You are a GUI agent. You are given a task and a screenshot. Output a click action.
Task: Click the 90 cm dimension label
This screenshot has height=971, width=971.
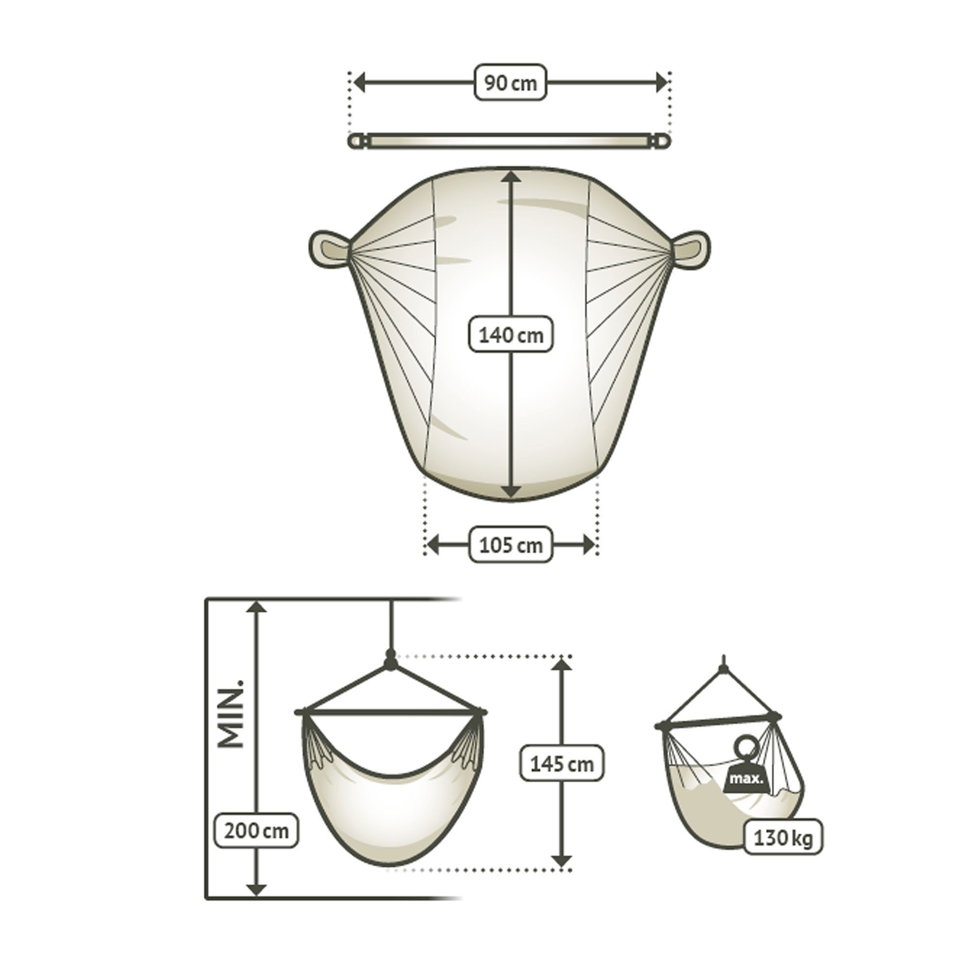tap(511, 83)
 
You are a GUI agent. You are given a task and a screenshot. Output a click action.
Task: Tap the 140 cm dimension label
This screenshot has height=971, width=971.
tap(511, 335)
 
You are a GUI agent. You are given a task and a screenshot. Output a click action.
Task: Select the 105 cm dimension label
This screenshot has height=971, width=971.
tap(511, 545)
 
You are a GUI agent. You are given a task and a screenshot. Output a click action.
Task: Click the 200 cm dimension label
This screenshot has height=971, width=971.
tap(256, 831)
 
